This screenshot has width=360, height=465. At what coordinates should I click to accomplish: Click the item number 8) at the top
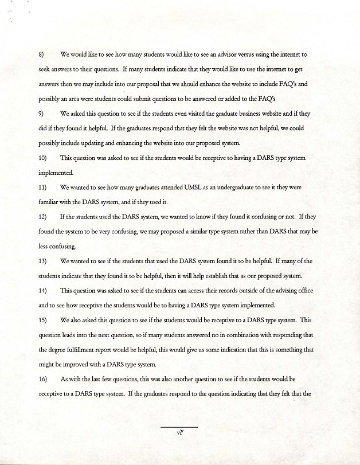click(41, 54)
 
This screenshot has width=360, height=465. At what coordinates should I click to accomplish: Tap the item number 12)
click(43, 217)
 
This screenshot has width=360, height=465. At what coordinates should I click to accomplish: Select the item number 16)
click(43, 380)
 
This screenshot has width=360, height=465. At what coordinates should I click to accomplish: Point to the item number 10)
click(43, 157)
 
